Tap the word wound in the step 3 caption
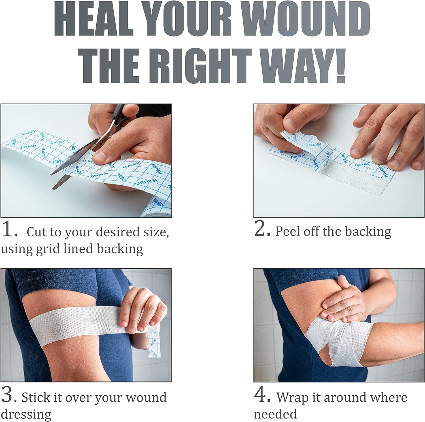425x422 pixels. tap(146, 397)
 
